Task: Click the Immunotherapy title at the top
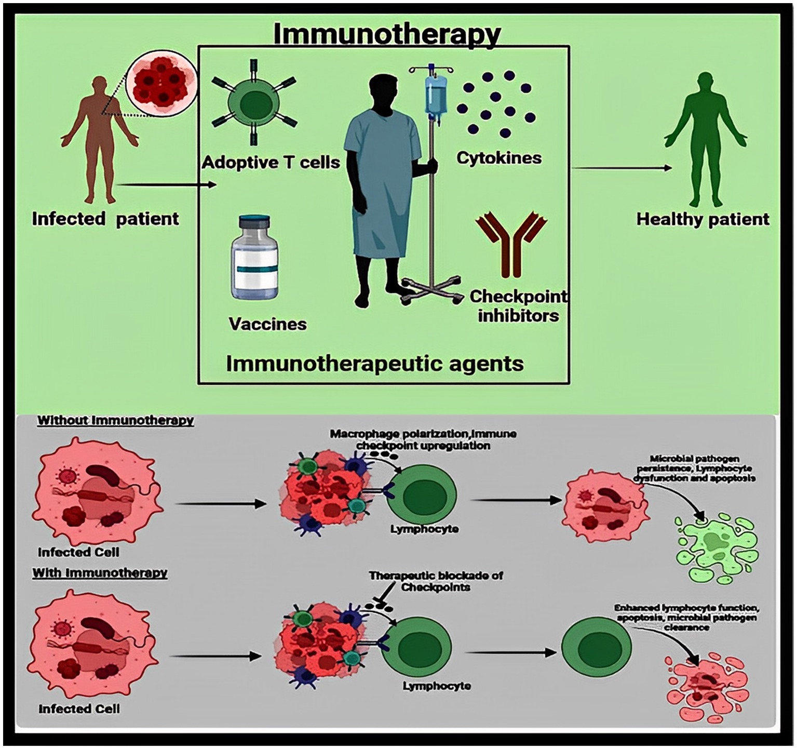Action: pyautogui.click(x=386, y=34)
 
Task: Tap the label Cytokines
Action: pyautogui.click(x=499, y=158)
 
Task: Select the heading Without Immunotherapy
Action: pyautogui.click(x=115, y=420)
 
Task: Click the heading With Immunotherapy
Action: pyautogui.click(x=100, y=573)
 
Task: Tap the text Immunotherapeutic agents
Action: pyautogui.click(x=375, y=363)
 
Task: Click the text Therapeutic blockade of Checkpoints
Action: pyautogui.click(x=436, y=581)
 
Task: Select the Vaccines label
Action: pyautogui.click(x=268, y=324)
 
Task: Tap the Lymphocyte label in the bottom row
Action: pyautogui.click(x=437, y=686)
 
